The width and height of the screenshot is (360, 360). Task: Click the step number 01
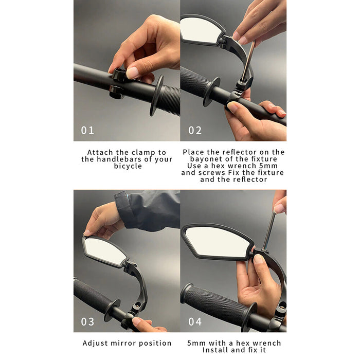pos(87,131)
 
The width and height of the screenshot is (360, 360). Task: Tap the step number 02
pos(195,131)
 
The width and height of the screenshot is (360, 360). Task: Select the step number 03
pos(87,321)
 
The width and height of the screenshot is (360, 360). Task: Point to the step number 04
pos(195,321)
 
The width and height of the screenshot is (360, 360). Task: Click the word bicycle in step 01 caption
pos(128,166)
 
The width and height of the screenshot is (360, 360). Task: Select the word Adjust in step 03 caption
pos(95,343)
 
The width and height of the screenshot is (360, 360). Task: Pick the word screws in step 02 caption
pos(212,173)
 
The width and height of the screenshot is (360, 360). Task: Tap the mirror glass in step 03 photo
pos(104,251)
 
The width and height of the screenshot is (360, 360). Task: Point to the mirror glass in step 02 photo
pos(200,30)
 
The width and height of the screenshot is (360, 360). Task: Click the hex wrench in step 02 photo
pos(248,61)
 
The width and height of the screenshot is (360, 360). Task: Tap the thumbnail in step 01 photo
pos(132,73)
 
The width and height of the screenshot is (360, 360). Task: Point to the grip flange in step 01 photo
pos(156,96)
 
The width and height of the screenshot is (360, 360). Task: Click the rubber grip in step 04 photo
pos(214,302)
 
